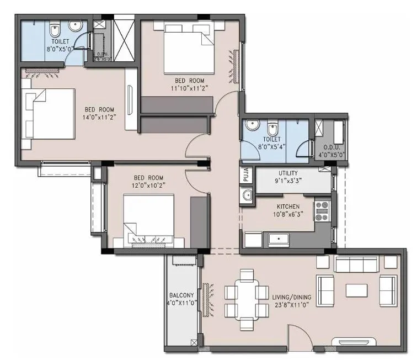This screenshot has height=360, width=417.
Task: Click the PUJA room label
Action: click(246, 176)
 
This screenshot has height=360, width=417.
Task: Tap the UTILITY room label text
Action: click(288, 173)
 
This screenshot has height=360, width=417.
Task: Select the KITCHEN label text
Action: click(288, 206)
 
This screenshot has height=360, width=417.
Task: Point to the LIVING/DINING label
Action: click(292, 297)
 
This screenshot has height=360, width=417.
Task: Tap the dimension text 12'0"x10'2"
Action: click(147, 186)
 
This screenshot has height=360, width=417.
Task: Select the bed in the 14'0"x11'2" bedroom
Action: click(49, 114)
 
